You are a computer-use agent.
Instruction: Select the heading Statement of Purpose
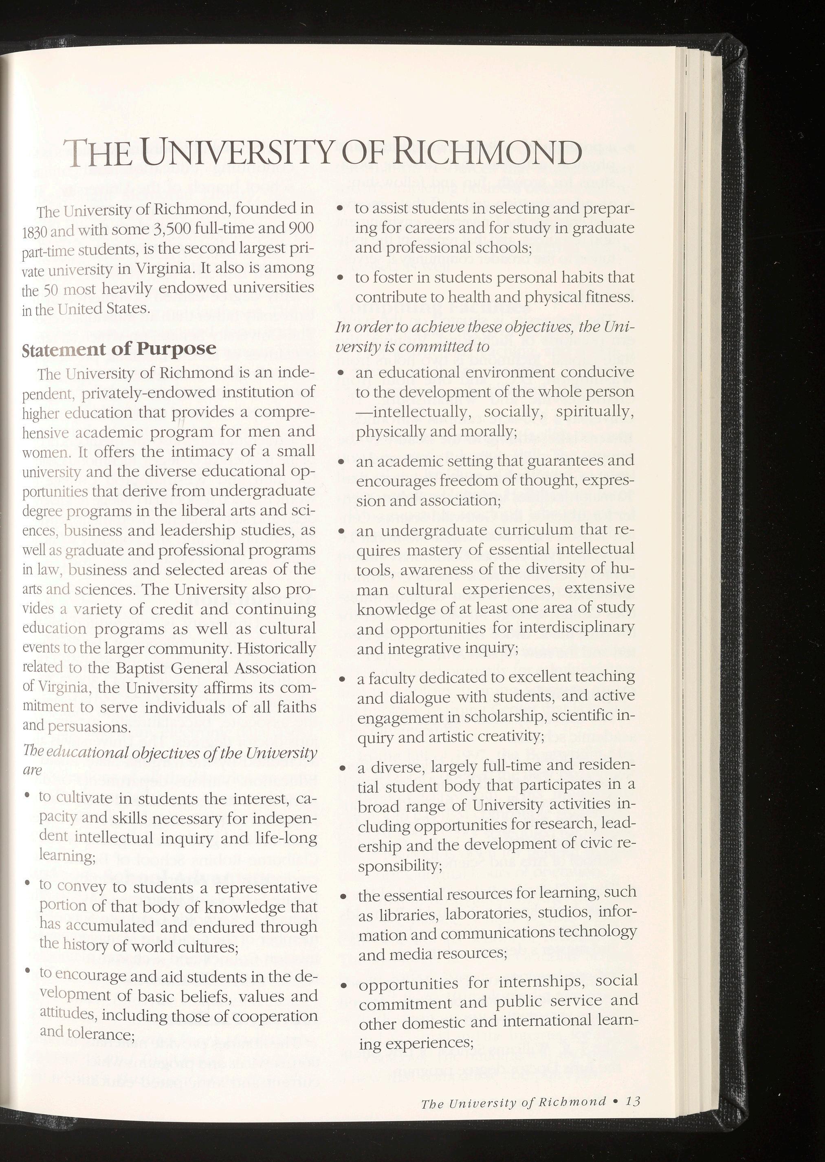pyautogui.click(x=119, y=349)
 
